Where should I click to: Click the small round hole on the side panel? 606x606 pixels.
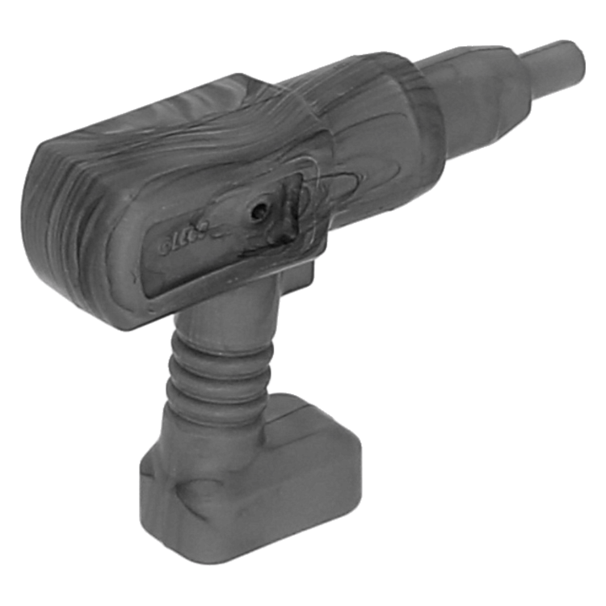pyautogui.click(x=258, y=212)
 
